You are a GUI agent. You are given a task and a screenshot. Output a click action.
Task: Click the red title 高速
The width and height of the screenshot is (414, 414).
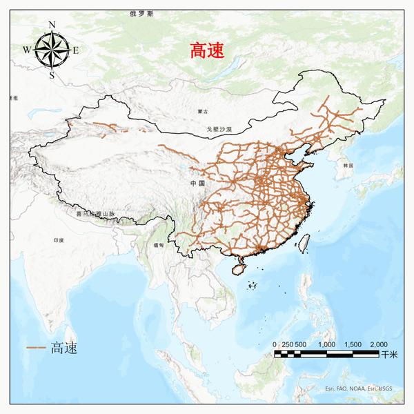click(208, 50)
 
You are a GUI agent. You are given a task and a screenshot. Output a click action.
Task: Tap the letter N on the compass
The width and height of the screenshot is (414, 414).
click(52, 25)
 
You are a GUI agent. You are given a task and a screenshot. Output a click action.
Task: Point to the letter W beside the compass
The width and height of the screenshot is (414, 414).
click(27, 49)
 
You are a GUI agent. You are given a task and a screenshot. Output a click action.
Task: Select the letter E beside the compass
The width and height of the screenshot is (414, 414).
click(76, 49)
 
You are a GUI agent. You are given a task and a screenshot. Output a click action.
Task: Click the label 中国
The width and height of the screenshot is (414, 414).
click(198, 183)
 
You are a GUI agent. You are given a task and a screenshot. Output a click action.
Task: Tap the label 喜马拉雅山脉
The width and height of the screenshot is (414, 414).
click(94, 214)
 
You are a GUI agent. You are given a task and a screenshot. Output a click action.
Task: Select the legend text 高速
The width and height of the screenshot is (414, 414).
click(63, 348)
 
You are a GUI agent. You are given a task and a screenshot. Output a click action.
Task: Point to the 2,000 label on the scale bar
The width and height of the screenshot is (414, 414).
click(377, 344)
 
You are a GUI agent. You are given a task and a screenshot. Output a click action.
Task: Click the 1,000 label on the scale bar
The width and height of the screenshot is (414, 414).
click(326, 344)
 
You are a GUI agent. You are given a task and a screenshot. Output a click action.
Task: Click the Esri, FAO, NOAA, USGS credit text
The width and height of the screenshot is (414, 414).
click(358, 388)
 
